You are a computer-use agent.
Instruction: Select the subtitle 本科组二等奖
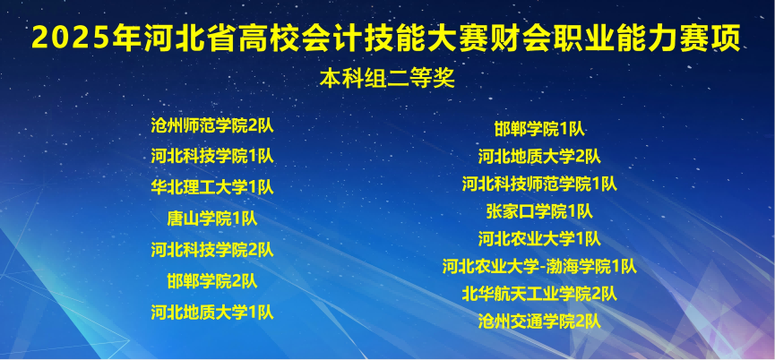(387, 79)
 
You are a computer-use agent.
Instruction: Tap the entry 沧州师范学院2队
(212, 124)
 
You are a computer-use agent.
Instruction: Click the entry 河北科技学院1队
(212, 156)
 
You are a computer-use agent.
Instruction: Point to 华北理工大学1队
(212, 187)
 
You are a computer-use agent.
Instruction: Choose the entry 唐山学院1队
(212, 219)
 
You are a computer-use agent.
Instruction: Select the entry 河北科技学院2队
(212, 250)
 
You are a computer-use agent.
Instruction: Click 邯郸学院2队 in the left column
(212, 281)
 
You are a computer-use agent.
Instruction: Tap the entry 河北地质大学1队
(212, 313)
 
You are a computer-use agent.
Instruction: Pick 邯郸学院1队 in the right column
(539, 129)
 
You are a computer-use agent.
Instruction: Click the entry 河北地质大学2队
(539, 157)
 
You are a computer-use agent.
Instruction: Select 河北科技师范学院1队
(539, 184)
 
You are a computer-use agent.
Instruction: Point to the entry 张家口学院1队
(539, 212)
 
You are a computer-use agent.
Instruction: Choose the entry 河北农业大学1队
(539, 239)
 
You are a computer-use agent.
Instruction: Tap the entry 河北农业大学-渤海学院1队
(539, 266)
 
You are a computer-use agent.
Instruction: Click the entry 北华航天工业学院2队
(539, 294)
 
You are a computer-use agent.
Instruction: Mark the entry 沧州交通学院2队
(539, 321)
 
